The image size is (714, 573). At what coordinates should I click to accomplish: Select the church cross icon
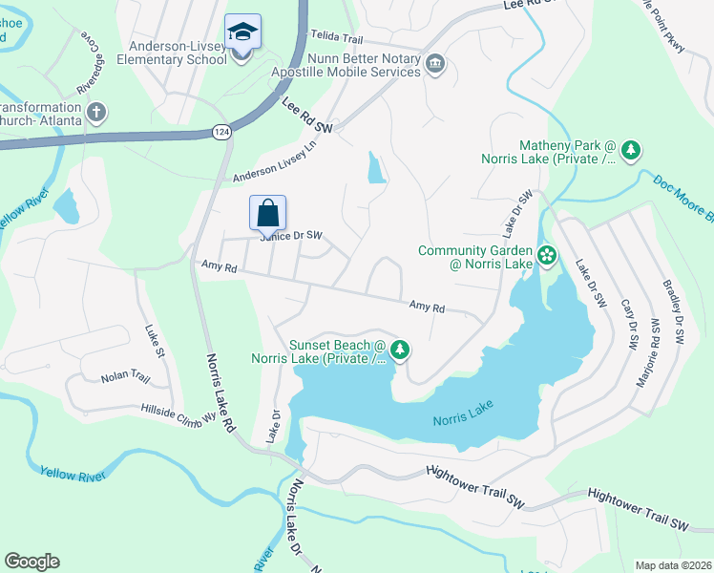95,113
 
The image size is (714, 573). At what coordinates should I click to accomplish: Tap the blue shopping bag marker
268,212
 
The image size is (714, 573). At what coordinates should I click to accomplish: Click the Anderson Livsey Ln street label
275,164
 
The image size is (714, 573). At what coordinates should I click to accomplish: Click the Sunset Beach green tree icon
401,350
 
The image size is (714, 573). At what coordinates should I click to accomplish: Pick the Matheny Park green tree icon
630,150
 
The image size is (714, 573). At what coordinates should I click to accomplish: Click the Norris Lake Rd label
220,393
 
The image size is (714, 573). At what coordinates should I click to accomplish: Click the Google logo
31,562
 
